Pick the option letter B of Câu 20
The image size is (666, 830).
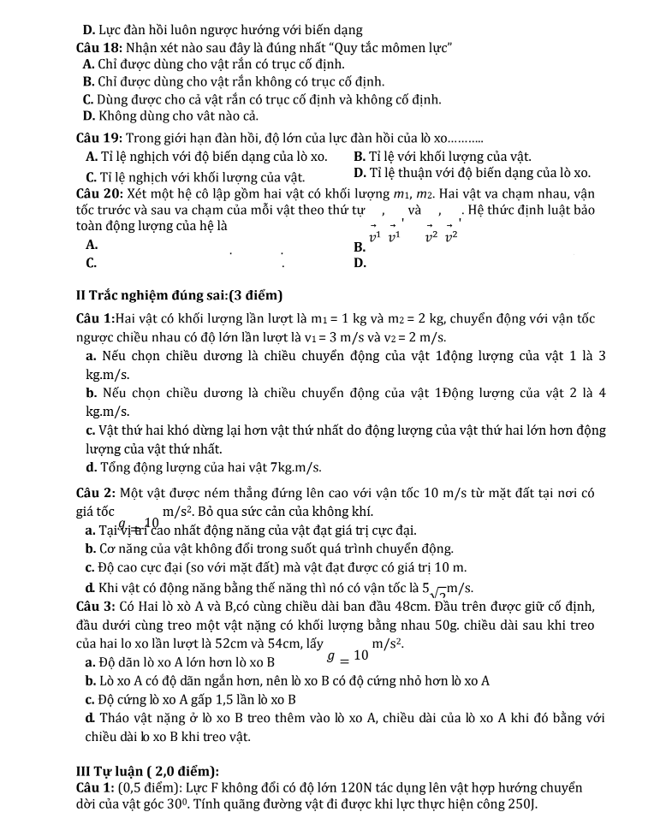(x=359, y=248)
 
